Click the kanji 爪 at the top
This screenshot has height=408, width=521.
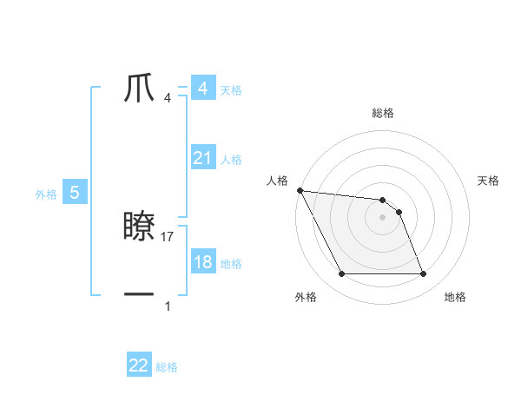[141, 89]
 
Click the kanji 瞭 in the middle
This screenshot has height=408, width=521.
[141, 227]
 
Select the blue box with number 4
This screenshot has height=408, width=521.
[203, 89]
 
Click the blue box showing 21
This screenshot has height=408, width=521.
[203, 158]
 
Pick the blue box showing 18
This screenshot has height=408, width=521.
[203, 263]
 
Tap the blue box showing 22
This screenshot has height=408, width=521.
[139, 365]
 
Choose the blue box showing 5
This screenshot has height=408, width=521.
[75, 194]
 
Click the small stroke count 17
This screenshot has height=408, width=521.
[168, 236]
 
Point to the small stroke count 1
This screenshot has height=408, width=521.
[168, 306]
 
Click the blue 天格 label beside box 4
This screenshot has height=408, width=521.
[231, 89]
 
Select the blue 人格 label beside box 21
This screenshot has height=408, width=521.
[231, 159]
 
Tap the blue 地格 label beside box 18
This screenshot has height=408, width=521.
[231, 264]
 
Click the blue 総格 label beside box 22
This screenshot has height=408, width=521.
[167, 367]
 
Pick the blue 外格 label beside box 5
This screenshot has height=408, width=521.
[46, 195]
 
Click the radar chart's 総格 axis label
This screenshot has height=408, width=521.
[383, 113]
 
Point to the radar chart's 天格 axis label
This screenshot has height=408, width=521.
[489, 181]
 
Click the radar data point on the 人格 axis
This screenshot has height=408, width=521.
[300, 190]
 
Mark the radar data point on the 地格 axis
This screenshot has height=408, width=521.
[424, 274]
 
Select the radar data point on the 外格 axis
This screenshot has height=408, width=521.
[341, 274]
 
